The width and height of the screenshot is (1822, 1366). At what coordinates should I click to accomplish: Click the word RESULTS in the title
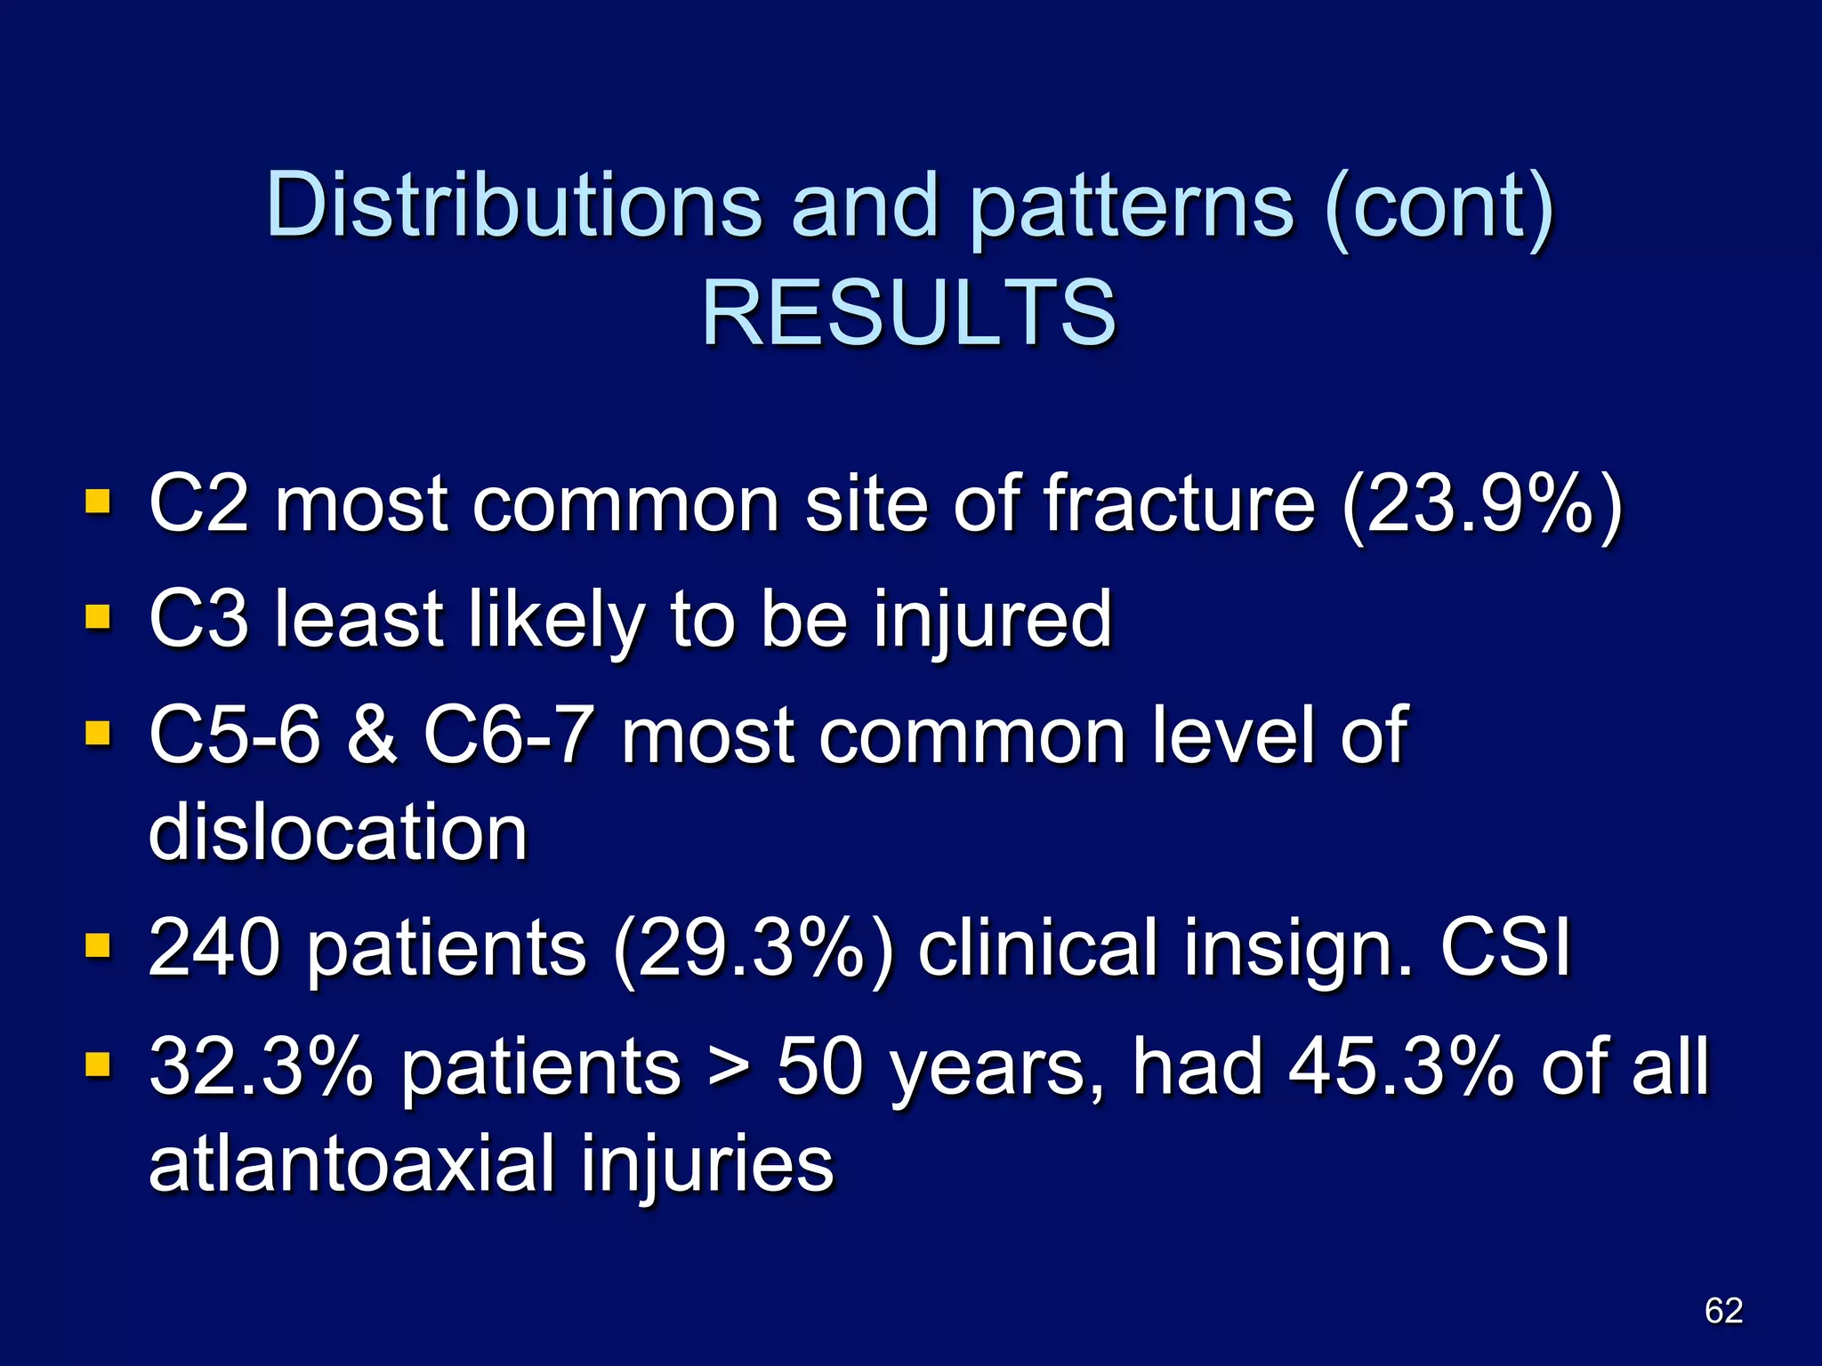[x=908, y=312]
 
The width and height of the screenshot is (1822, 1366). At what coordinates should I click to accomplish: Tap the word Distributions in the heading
[x=513, y=205]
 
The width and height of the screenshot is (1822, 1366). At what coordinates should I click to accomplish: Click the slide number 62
[x=1723, y=1310]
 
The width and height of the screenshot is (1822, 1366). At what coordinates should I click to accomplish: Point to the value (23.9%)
[x=1481, y=504]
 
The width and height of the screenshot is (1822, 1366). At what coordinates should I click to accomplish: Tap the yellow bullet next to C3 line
[x=98, y=616]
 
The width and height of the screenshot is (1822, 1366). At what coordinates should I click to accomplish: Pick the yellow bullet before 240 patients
[x=98, y=944]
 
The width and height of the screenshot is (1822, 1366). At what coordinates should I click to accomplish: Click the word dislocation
[x=338, y=832]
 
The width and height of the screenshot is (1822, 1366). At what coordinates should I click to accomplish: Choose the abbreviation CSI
[x=1505, y=948]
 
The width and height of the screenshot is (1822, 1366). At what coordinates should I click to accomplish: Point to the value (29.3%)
[x=753, y=950]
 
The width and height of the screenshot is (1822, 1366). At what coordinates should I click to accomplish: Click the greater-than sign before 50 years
[x=729, y=1067]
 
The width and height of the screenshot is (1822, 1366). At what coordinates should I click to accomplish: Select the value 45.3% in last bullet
[x=1400, y=1066]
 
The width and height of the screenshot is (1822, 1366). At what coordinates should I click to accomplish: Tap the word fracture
[x=1179, y=504]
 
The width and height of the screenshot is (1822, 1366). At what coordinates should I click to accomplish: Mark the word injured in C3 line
[x=993, y=620]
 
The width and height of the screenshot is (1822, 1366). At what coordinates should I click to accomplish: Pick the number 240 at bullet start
[x=214, y=948]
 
